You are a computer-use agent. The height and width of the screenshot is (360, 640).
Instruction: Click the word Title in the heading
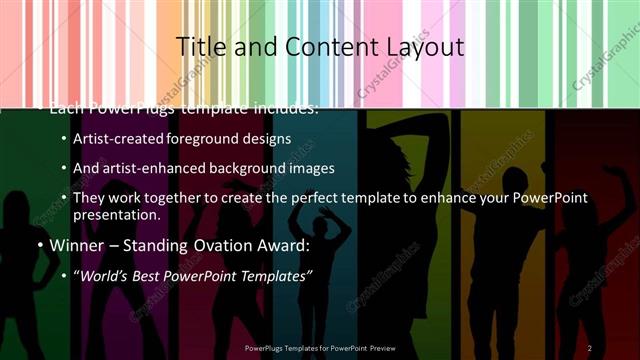pos(197,47)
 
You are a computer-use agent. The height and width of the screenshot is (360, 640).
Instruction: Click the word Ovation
pos(205,245)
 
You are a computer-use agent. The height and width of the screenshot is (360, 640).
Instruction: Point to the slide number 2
pos(590,348)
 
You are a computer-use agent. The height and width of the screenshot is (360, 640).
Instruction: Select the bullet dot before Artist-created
pos(65,139)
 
